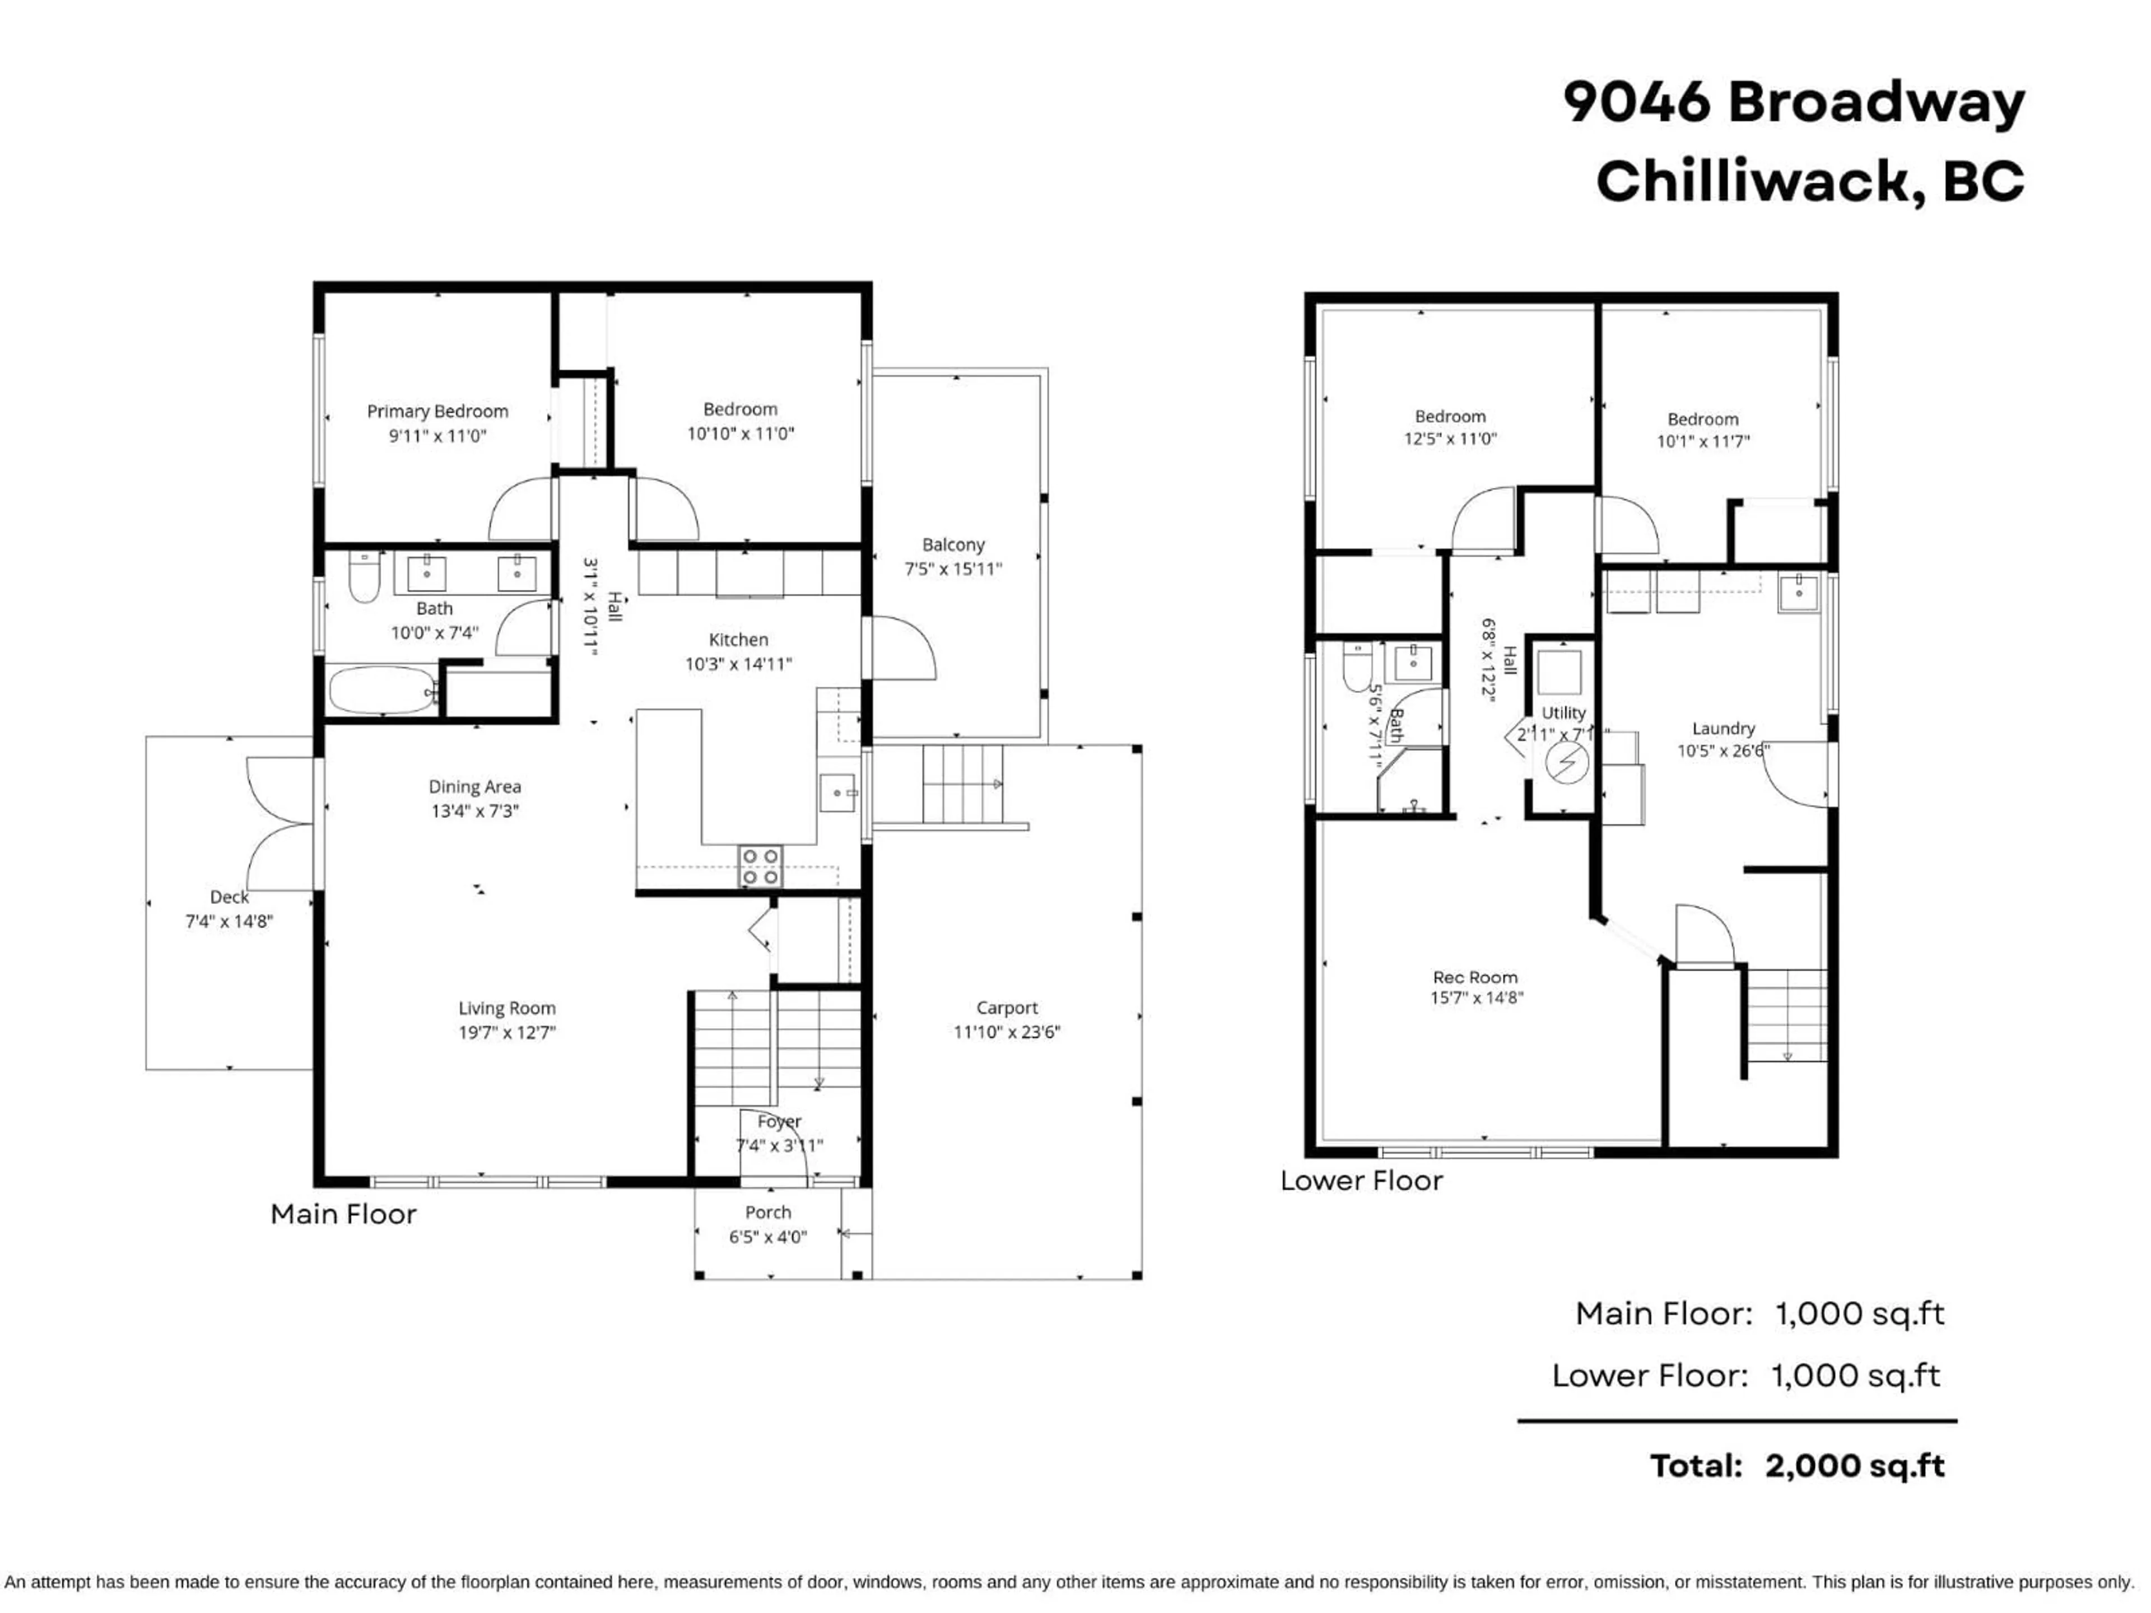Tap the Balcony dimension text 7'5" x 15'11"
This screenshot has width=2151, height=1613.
(x=952, y=569)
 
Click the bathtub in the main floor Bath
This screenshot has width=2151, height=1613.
(x=381, y=689)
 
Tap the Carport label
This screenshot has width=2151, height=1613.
(x=1007, y=1008)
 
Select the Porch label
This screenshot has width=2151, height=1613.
(x=767, y=1213)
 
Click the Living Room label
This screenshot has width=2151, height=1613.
(x=506, y=1008)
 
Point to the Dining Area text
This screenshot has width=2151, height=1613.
(x=474, y=786)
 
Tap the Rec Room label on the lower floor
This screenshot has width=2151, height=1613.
(x=1474, y=977)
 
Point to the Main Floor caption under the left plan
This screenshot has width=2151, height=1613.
(x=343, y=1214)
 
